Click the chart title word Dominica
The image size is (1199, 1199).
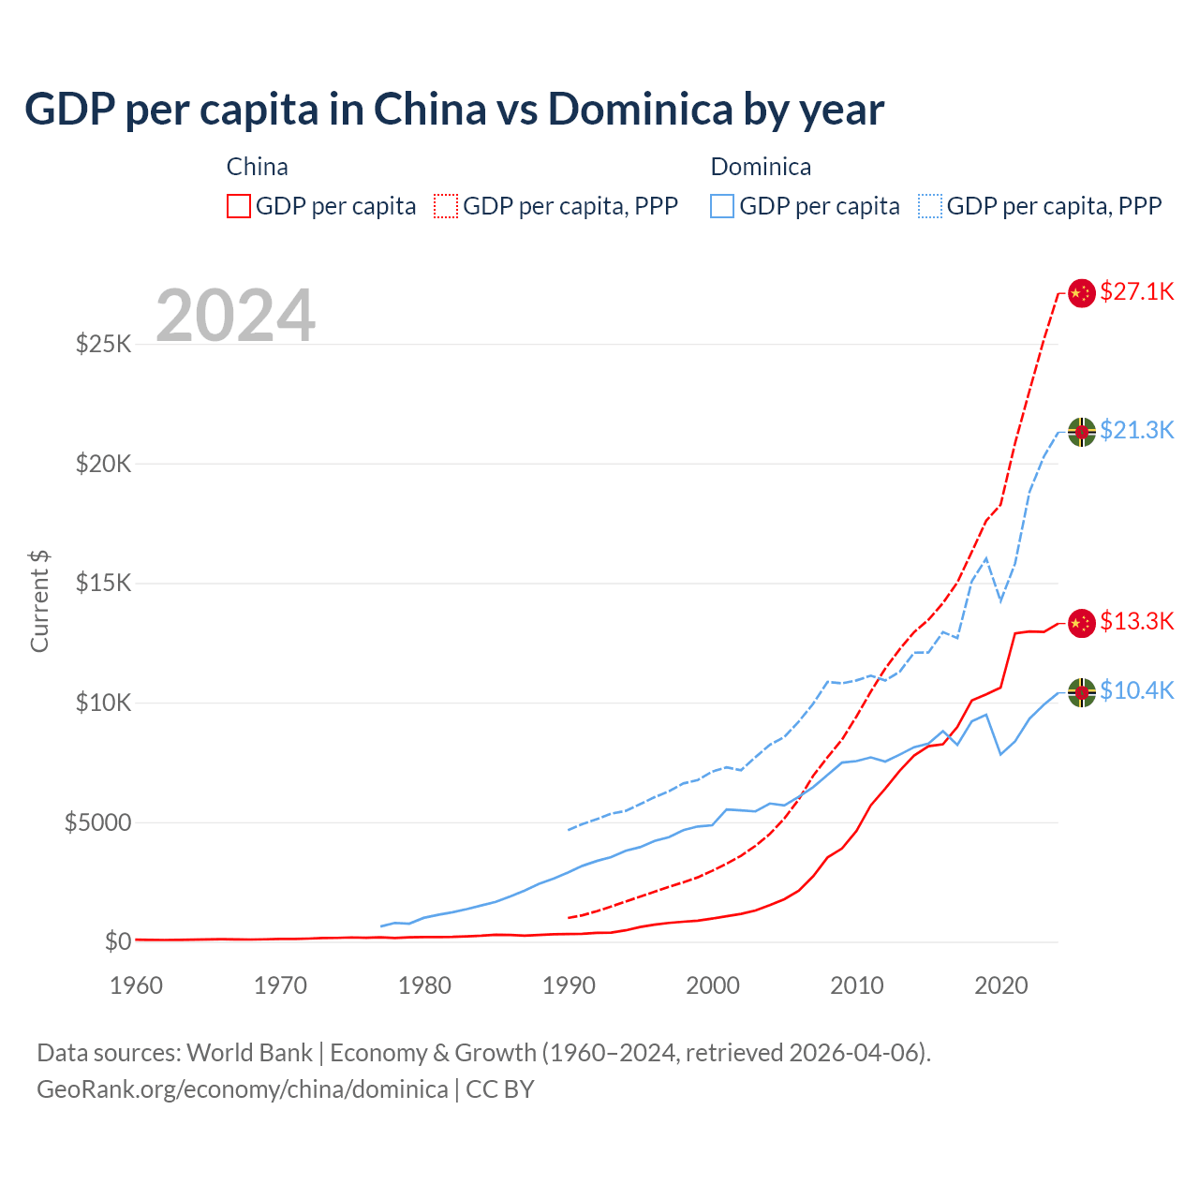(x=641, y=109)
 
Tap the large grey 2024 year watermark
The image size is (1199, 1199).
(x=235, y=316)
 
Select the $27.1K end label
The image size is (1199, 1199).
(x=1136, y=291)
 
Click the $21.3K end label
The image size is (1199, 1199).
(x=1136, y=430)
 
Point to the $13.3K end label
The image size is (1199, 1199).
(x=1136, y=621)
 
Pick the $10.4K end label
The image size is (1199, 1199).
(x=1136, y=690)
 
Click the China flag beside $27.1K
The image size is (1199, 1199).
(x=1082, y=292)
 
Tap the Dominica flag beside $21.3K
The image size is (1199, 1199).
(x=1082, y=431)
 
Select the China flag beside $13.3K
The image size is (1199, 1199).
(x=1082, y=622)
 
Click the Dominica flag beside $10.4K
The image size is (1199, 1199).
(x=1082, y=692)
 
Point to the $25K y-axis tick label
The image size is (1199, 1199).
(x=103, y=344)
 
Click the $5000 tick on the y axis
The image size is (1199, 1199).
(x=97, y=822)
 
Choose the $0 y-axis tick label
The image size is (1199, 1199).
(x=117, y=941)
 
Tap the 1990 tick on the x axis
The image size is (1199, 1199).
(x=569, y=985)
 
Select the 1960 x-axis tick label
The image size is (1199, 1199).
(x=137, y=985)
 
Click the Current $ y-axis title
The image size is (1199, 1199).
(x=39, y=601)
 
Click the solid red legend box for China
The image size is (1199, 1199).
(x=239, y=206)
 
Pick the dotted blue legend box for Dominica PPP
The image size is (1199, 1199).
(x=930, y=206)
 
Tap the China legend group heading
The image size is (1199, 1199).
(x=257, y=167)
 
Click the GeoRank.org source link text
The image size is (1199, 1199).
(x=243, y=1089)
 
